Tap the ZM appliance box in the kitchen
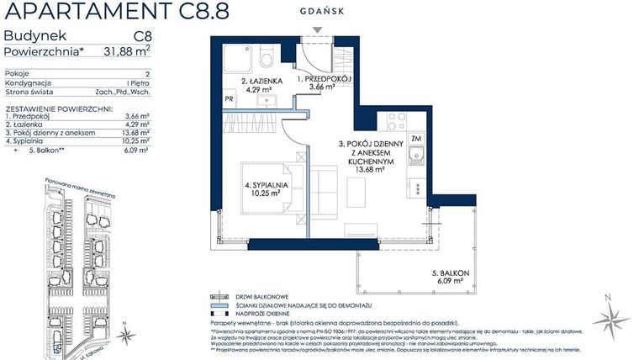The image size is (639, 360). point(415,139)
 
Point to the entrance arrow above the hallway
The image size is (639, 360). point(317,32)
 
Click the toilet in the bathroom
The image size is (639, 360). point(266,58)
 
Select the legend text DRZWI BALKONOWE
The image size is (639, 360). point(262,297)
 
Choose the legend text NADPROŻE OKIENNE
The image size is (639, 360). point(267,314)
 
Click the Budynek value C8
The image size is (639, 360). point(142,36)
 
